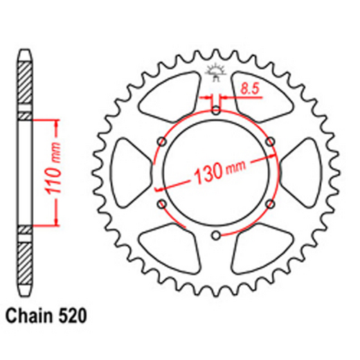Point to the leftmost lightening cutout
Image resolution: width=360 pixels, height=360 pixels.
(127, 173)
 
